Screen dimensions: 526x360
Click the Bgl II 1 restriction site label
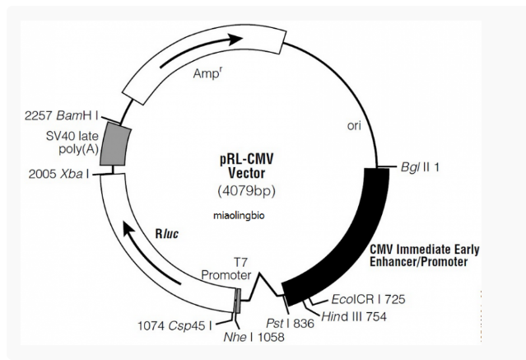[420, 167]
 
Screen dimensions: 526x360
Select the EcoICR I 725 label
[368, 299]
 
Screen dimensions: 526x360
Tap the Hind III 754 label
[354, 316]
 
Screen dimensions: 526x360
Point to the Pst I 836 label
[291, 324]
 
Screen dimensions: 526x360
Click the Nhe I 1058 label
[254, 337]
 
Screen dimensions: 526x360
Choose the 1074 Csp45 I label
[175, 325]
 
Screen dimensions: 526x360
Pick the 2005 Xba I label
[59, 174]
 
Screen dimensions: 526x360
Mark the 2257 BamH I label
[62, 116]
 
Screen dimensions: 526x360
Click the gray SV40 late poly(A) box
[115, 144]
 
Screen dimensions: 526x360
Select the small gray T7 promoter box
[237, 301]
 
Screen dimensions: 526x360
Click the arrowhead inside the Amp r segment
[235, 39]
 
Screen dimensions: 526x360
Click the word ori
[354, 126]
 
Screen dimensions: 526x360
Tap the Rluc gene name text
[167, 234]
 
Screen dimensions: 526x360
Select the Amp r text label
[207, 73]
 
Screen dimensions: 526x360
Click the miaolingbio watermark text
[239, 216]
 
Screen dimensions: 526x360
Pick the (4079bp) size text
[247, 191]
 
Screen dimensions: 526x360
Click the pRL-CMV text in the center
[247, 159]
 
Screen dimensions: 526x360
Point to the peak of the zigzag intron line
[259, 274]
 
